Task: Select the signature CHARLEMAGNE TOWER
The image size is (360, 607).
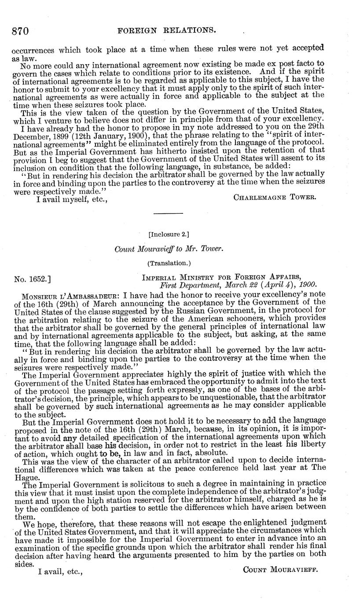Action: (275, 197)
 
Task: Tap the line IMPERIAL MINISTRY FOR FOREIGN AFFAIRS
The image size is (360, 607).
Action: (221, 277)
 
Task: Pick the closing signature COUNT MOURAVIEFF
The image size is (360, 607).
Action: (280, 570)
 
